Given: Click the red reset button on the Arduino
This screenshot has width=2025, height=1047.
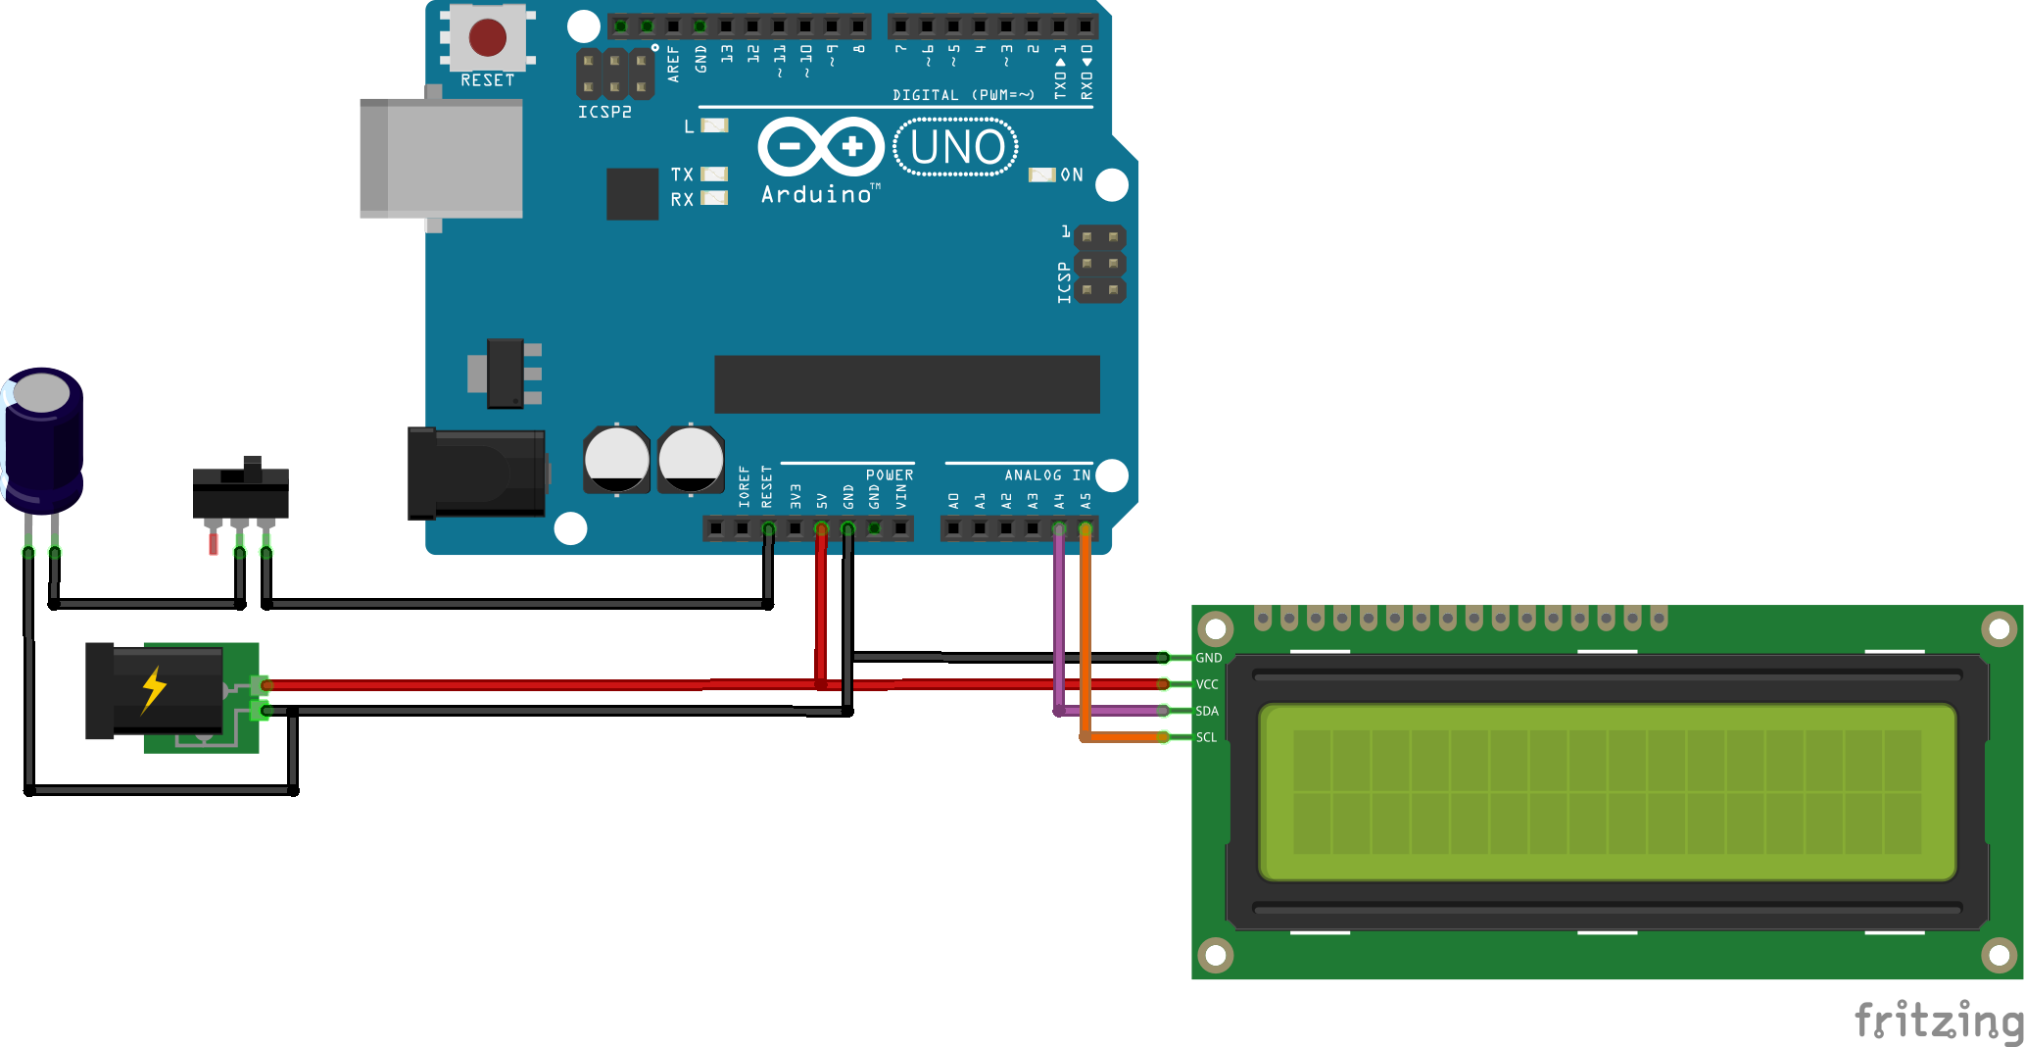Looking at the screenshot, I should click(487, 38).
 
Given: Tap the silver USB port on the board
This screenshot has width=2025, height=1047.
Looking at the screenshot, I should click(441, 158).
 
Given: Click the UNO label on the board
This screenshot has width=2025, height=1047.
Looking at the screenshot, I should click(956, 148).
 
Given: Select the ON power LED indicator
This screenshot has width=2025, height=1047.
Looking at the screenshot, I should click(1040, 174).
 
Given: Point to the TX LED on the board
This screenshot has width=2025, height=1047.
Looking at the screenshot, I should click(715, 174).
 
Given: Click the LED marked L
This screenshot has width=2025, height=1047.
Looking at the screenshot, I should click(715, 125).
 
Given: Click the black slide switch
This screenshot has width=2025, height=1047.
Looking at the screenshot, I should click(241, 490).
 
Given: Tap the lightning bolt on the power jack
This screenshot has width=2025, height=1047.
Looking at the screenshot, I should click(154, 689).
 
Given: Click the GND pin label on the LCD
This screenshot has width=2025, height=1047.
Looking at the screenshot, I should click(1208, 658).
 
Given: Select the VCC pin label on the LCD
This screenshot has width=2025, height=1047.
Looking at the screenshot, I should click(1207, 684).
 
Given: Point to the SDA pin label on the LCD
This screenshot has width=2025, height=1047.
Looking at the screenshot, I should click(1207, 711).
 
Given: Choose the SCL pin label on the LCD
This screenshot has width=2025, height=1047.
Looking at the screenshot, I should click(1206, 737).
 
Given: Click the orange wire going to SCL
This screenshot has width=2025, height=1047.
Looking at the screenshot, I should click(1085, 637).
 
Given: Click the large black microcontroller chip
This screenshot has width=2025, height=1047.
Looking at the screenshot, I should click(906, 384).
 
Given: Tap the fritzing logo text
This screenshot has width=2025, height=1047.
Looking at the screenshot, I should click(1938, 1021).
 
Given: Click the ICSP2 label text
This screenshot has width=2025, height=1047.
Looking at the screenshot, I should click(604, 112).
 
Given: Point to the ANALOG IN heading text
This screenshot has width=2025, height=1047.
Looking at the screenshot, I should click(1046, 475).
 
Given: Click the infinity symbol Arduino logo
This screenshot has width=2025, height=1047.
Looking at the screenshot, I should click(821, 147).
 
